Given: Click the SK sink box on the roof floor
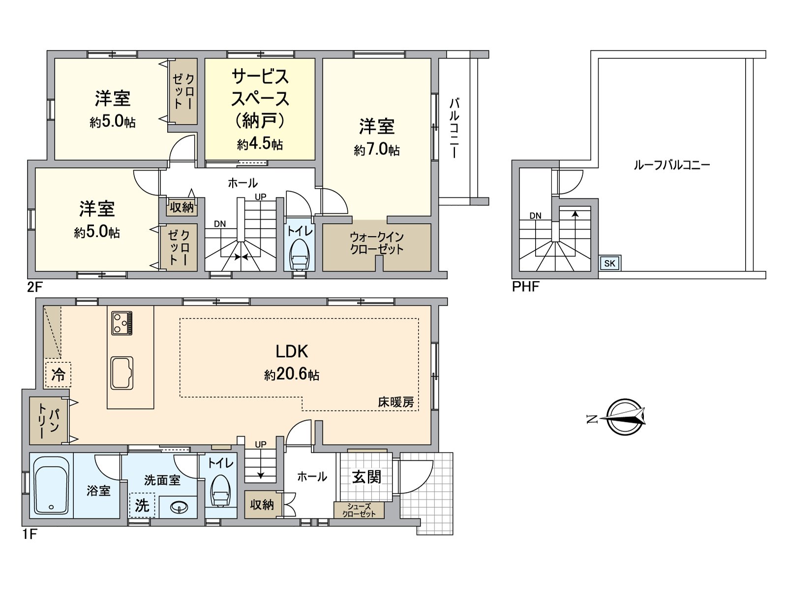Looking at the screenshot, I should pos(609,263).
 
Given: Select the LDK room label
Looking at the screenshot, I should pos(292,352).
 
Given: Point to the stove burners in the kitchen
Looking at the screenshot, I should pos(121,323).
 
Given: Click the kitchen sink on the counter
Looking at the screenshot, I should pos(121,373).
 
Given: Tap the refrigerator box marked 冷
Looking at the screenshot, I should pos(58,375).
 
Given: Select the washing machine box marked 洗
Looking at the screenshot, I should pos(142,505).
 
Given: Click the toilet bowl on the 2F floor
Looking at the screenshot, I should pos(299,255).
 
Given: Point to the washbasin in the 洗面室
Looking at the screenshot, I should pos(178,506).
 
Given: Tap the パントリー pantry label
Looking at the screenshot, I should pos(48,420).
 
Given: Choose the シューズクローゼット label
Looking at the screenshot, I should pos(359,510).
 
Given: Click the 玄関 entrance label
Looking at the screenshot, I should pos(366,476).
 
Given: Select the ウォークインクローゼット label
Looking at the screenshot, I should pos(376,243).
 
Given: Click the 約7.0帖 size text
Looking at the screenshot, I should pos(376,149).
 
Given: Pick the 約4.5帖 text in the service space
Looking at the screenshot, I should pos(260,144).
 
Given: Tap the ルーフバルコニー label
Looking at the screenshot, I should pos(671,165).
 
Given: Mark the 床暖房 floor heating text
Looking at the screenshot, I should pos(396,402).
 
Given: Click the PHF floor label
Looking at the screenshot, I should pos(525,286).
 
